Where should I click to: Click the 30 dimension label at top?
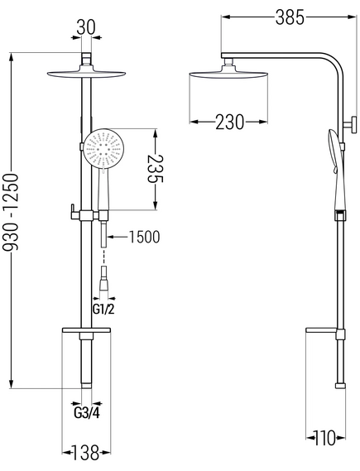pos(86,27)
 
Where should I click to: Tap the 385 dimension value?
pos(290,17)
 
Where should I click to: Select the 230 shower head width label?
pos(230,122)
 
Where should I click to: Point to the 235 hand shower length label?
pos(155,169)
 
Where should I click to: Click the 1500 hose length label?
pos(144,237)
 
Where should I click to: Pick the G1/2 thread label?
pos(103,309)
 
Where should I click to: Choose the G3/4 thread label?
pos(87,413)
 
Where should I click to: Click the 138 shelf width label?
pos(86,453)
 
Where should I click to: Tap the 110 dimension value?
pos(324,438)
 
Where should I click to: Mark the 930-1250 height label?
pos(11,212)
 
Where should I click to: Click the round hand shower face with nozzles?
pos(103,148)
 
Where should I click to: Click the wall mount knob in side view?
pos(351,125)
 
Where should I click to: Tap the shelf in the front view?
pos(86,330)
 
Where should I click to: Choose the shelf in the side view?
pos(321,330)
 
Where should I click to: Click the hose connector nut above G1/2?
pos(104,278)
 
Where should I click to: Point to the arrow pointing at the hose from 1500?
pos(117,237)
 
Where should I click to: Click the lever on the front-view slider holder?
pos(73,212)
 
